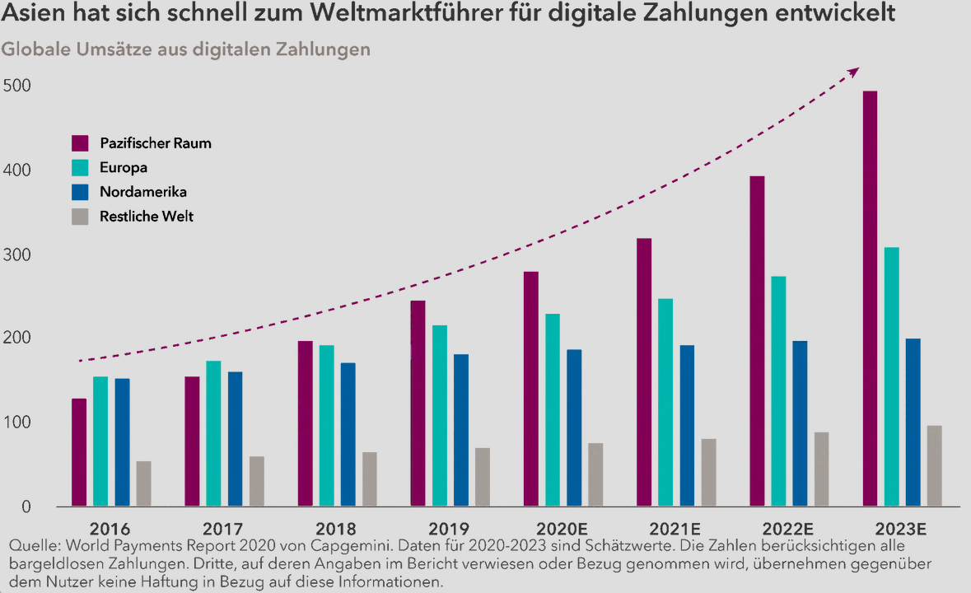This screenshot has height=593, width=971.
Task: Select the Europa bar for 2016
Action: (x=100, y=441)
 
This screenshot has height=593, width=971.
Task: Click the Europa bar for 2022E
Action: (x=778, y=390)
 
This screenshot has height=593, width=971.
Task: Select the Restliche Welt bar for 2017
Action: (x=257, y=481)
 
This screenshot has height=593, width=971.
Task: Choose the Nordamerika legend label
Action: (x=143, y=193)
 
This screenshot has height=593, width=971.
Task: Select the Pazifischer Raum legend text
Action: (x=156, y=143)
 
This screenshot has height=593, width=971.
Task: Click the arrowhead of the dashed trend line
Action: (x=854, y=72)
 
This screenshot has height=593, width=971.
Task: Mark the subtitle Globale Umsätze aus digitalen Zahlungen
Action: (x=186, y=49)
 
